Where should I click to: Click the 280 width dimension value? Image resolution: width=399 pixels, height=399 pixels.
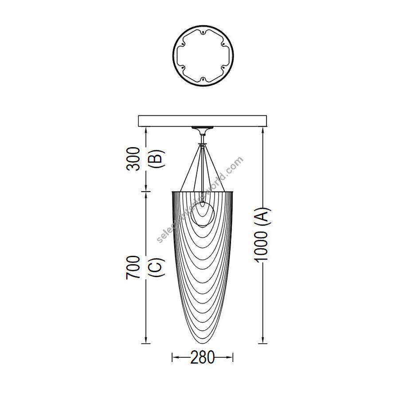[x=202, y=357]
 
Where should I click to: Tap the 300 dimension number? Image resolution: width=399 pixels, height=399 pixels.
[x=133, y=159]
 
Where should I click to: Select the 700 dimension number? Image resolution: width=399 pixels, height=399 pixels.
[x=133, y=267]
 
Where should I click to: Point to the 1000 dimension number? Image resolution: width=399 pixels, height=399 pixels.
[x=261, y=246]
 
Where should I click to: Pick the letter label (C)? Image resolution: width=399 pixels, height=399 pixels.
[x=156, y=267]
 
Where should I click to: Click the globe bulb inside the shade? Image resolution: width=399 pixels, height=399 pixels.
[x=203, y=214]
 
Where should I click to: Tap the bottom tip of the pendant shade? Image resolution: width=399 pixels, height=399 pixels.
[x=203, y=343]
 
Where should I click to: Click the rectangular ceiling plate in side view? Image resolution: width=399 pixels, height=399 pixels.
[x=202, y=121]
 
